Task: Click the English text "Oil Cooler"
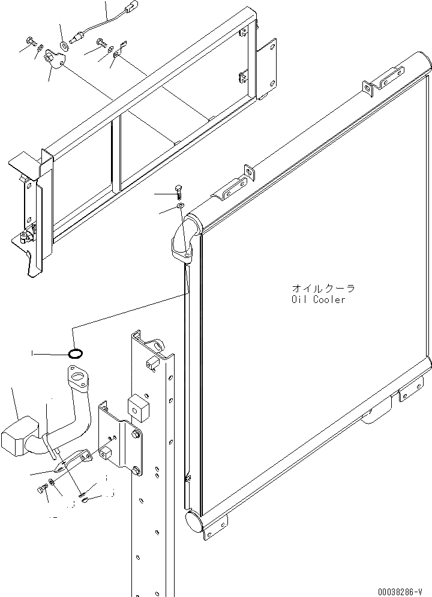tap(319, 299)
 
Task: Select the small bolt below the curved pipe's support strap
tap(42, 490)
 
